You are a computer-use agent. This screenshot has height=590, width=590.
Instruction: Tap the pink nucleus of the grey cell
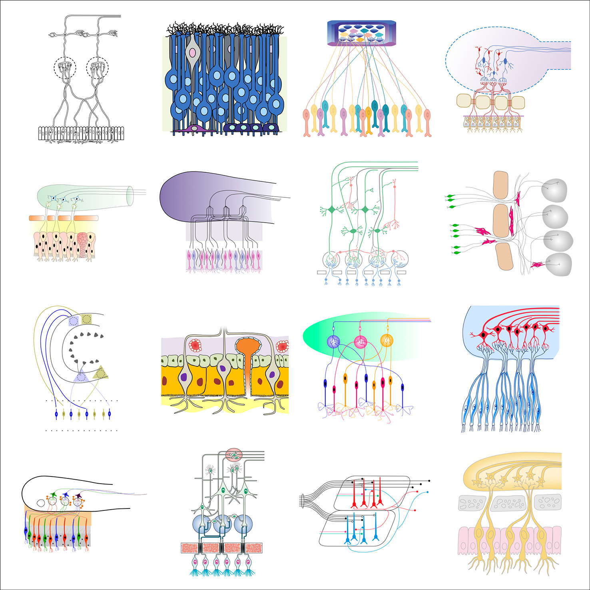tap(192, 52)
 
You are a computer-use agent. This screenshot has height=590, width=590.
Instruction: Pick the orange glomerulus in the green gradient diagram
tap(387, 340)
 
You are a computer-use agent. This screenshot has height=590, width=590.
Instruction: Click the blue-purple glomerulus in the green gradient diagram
tap(333, 341)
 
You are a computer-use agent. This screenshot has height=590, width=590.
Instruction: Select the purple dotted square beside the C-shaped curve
tap(73, 321)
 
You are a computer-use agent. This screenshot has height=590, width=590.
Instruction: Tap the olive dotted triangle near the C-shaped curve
tap(101, 373)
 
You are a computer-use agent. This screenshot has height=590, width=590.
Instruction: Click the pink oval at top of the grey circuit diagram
tap(234, 455)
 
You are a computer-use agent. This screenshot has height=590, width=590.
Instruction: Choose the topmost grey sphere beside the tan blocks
tap(554, 189)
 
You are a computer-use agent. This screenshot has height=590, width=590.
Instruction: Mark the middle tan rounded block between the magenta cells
tap(501, 221)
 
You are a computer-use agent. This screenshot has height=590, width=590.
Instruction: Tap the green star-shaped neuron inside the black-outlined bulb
tap(53, 495)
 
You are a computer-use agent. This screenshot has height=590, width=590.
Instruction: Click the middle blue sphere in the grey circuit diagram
tap(222, 524)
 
